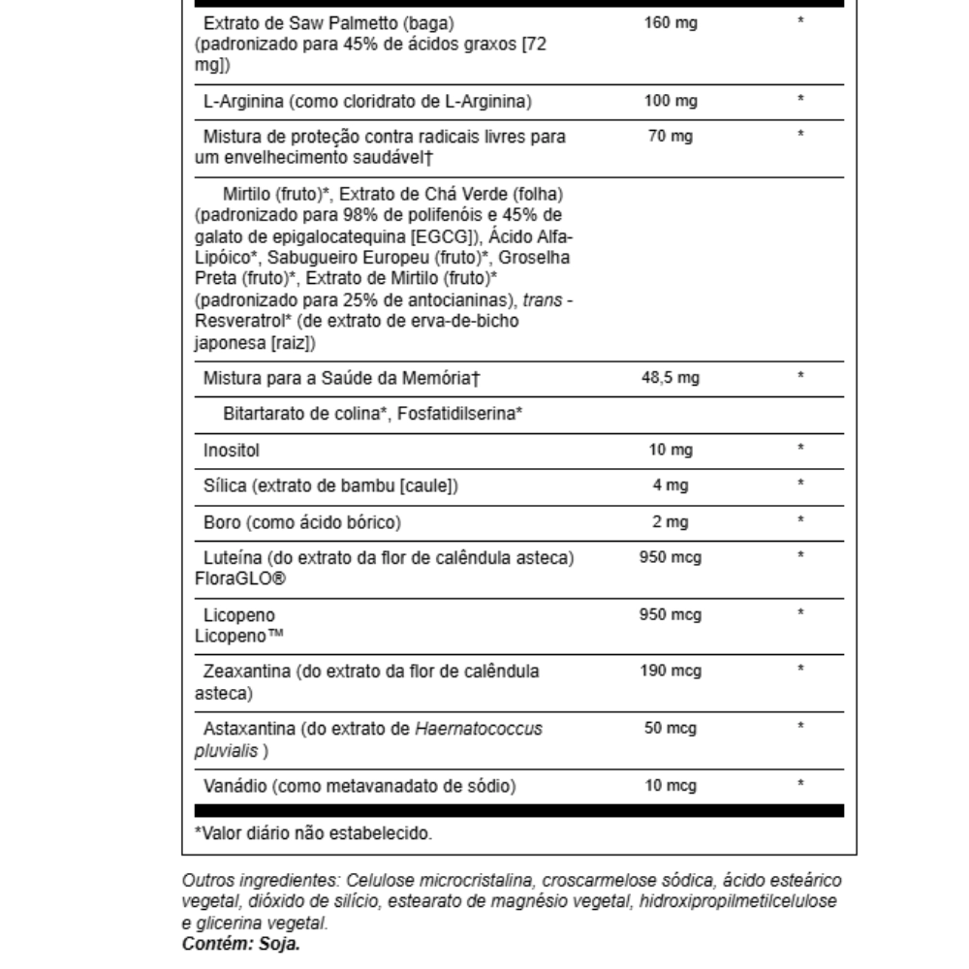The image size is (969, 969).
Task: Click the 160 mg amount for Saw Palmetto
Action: [671, 21]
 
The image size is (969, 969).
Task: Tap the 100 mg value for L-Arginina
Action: [671, 101]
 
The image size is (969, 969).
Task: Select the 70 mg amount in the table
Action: [671, 136]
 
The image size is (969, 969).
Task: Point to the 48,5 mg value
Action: [671, 377]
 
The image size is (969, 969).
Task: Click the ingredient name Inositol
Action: [232, 450]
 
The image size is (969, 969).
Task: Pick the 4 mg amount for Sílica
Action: [671, 484]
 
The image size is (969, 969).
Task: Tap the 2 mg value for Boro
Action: [671, 522]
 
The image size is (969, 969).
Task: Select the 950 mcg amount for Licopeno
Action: [671, 615]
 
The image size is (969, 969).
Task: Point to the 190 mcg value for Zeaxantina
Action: [671, 671]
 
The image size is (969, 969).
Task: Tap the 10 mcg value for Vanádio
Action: [671, 785]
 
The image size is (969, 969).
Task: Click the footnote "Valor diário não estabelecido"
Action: [313, 832]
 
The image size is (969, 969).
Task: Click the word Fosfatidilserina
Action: [459, 414]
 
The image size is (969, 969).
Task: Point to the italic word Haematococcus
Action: [479, 729]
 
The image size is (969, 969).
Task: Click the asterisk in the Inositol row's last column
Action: [800, 449]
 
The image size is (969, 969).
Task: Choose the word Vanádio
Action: [235, 785]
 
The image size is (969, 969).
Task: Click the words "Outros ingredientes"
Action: [259, 881]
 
